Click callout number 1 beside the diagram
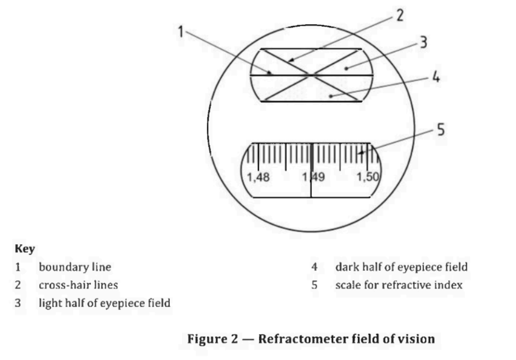(180, 32)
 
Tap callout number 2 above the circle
(400, 16)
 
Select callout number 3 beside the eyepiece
(423, 42)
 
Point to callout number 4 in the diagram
(436, 77)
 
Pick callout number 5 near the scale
(441, 129)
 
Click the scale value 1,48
(258, 178)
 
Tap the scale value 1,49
(313, 177)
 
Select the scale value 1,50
(368, 177)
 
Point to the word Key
(25, 249)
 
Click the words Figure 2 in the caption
(213, 339)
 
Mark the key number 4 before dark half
(314, 267)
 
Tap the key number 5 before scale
(314, 284)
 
